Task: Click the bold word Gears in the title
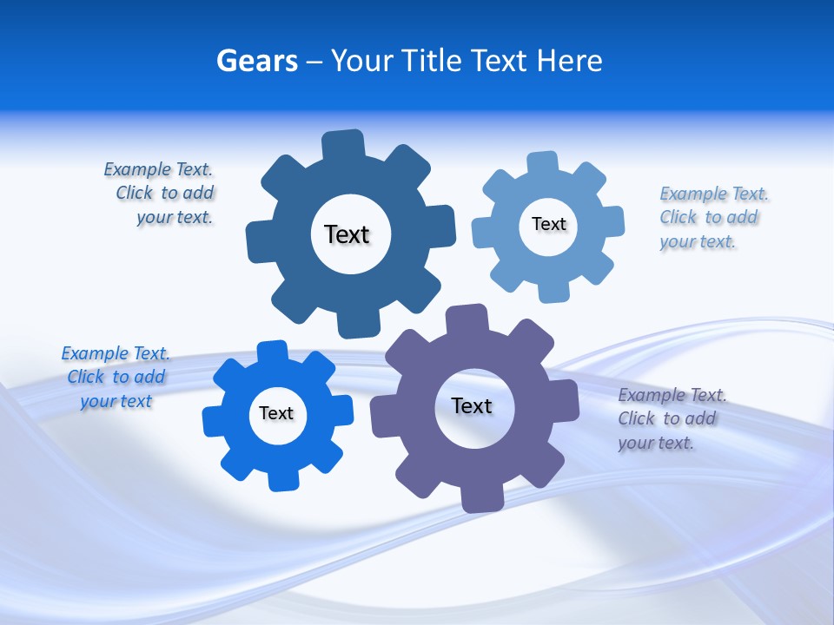(256, 61)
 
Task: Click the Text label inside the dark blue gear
(347, 234)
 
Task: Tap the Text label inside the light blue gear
(548, 224)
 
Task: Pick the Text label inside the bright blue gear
(276, 413)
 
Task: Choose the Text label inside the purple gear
(472, 405)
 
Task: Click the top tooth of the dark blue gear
(343, 144)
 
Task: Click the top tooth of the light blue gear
(542, 163)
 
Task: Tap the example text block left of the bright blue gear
(116, 377)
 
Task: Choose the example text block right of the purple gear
(670, 418)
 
